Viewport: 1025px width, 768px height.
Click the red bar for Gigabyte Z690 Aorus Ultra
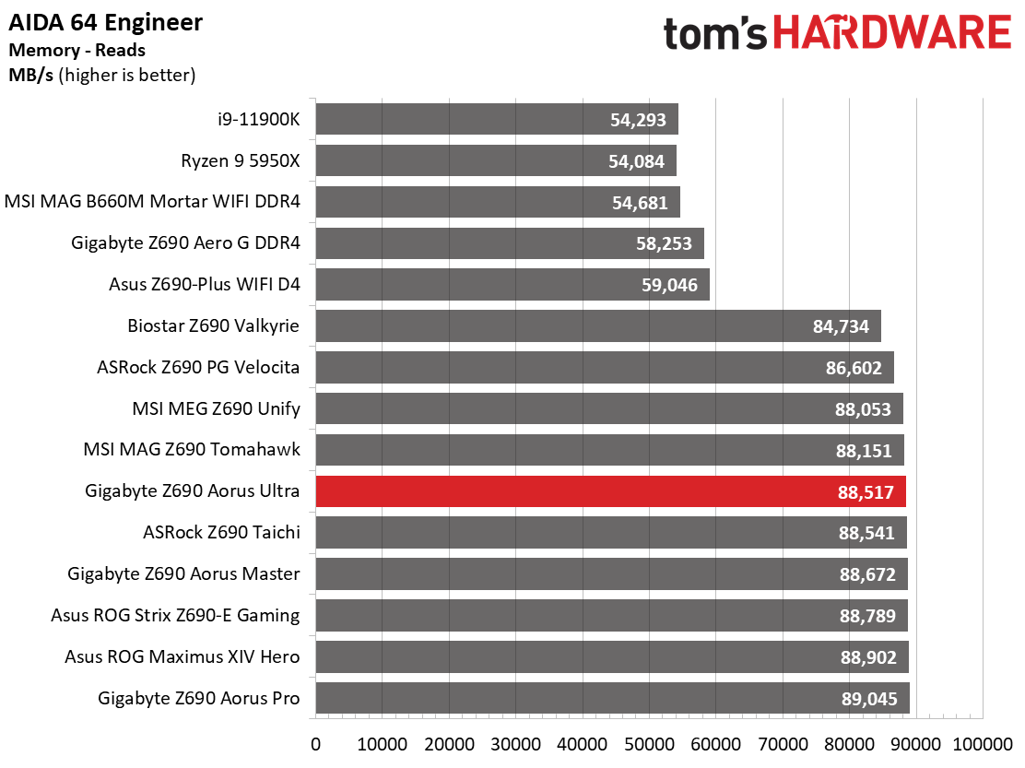pos(610,491)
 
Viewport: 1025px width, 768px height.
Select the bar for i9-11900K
pos(497,119)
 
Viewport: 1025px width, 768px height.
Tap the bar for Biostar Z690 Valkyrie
pos(598,325)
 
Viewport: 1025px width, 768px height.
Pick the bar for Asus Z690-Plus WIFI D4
pos(512,284)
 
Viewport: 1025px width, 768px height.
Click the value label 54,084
pos(636,161)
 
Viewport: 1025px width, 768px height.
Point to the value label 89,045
pos(869,699)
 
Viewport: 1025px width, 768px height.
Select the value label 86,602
pos(854,368)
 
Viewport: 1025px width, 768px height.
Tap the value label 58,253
pos(664,243)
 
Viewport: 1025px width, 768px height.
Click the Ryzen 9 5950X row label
pos(240,160)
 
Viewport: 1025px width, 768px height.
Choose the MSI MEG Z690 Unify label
pos(216,408)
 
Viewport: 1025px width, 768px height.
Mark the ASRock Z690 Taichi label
pos(221,532)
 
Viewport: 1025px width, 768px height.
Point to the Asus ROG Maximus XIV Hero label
pos(182,656)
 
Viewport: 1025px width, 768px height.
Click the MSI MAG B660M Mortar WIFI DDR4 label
pos(152,201)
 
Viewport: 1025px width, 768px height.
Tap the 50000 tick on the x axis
pos(649,744)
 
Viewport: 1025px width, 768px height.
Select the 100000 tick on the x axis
pos(983,744)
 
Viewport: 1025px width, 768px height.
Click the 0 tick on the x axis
pos(316,744)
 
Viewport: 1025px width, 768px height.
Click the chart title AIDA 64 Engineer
pos(105,23)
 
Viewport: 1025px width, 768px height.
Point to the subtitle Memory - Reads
pos(77,51)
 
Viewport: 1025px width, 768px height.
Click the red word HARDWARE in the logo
pos(891,32)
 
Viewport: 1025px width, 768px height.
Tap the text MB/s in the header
pos(30,76)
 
